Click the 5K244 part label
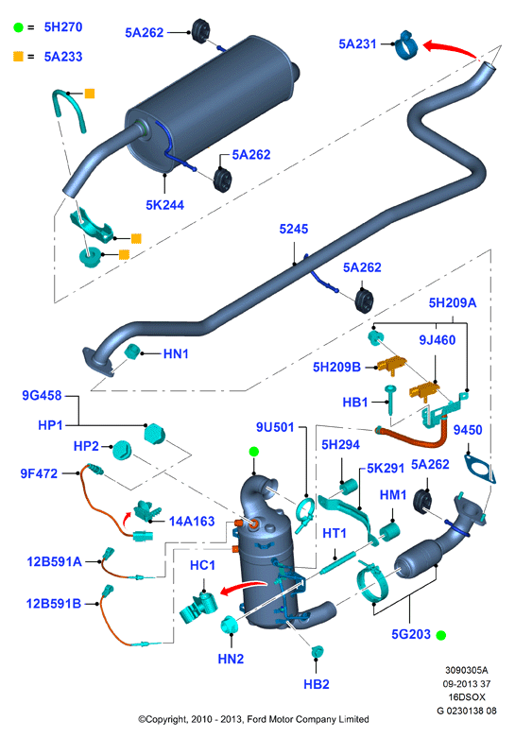[x=164, y=205]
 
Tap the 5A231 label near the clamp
[x=358, y=43]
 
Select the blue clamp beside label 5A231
[x=405, y=45]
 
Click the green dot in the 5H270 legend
[x=18, y=27]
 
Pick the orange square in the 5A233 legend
[x=18, y=57]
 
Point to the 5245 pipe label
[x=294, y=229]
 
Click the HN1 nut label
[x=176, y=353]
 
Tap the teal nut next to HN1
[x=131, y=352]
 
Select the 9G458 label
[x=42, y=395]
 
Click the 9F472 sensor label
[x=39, y=473]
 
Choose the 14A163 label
[x=192, y=521]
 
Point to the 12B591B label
[x=54, y=603]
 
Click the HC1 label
[x=202, y=565]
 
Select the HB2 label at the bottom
[x=317, y=684]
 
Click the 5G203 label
[x=411, y=634]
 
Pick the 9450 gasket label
[x=468, y=430]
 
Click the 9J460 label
[x=438, y=340]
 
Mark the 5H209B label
[x=336, y=367]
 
